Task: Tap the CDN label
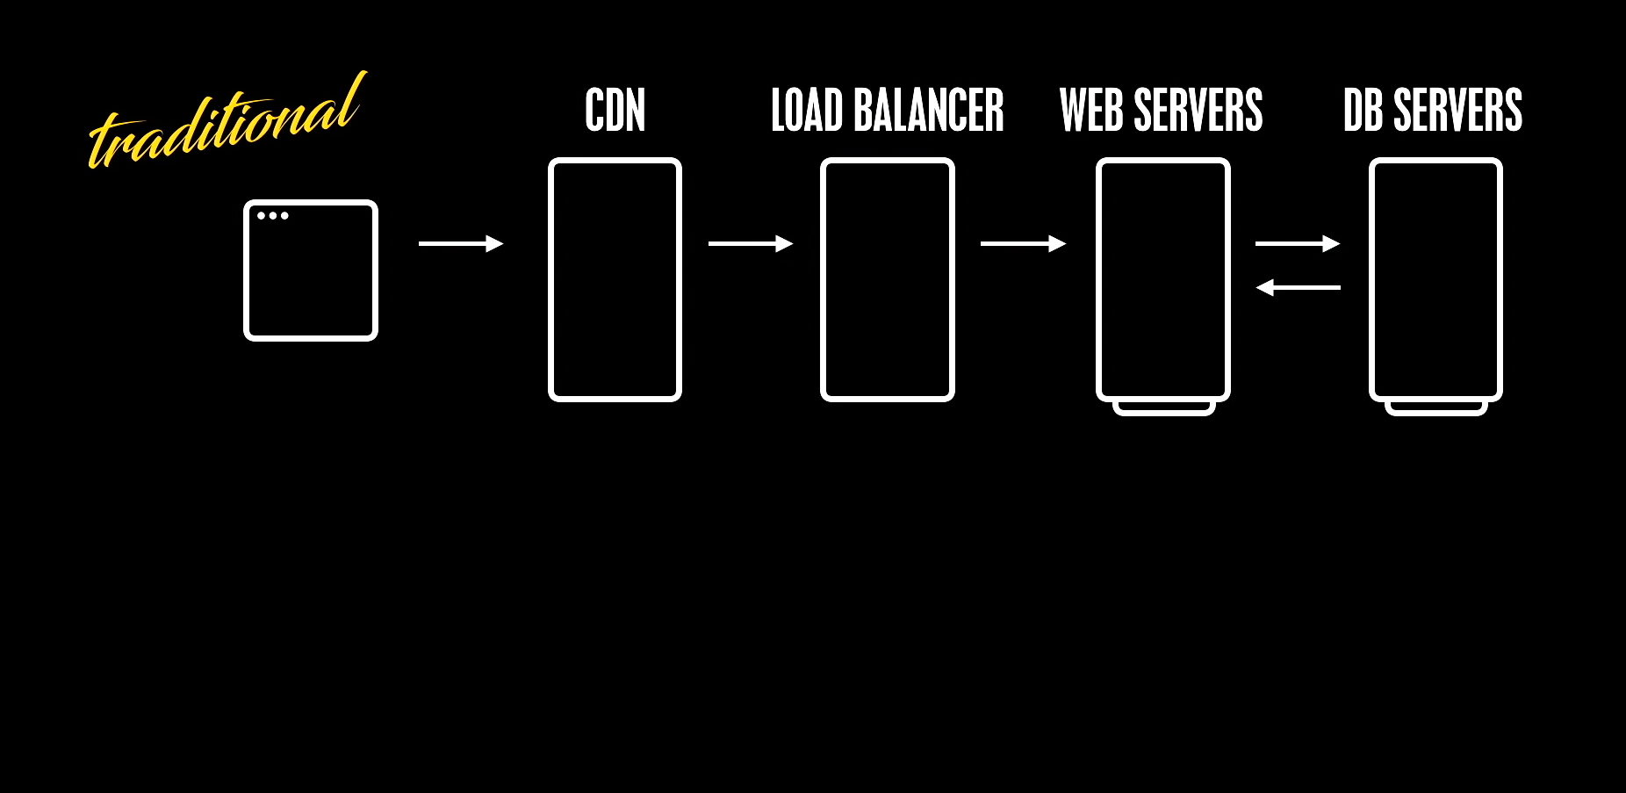[615, 111]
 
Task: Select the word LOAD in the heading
[806, 111]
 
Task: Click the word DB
[1363, 111]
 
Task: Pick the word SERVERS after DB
[1457, 111]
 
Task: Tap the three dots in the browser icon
[272, 215]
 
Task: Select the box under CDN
[615, 279]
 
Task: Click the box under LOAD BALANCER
[887, 279]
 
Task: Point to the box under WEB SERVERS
[1162, 279]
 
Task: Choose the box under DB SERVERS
[1435, 279]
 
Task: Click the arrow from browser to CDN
[461, 243]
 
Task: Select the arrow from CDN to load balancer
[751, 243]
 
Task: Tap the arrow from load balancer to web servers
[1023, 243]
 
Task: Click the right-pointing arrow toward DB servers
[1298, 243]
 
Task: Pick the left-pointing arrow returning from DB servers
[1298, 287]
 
